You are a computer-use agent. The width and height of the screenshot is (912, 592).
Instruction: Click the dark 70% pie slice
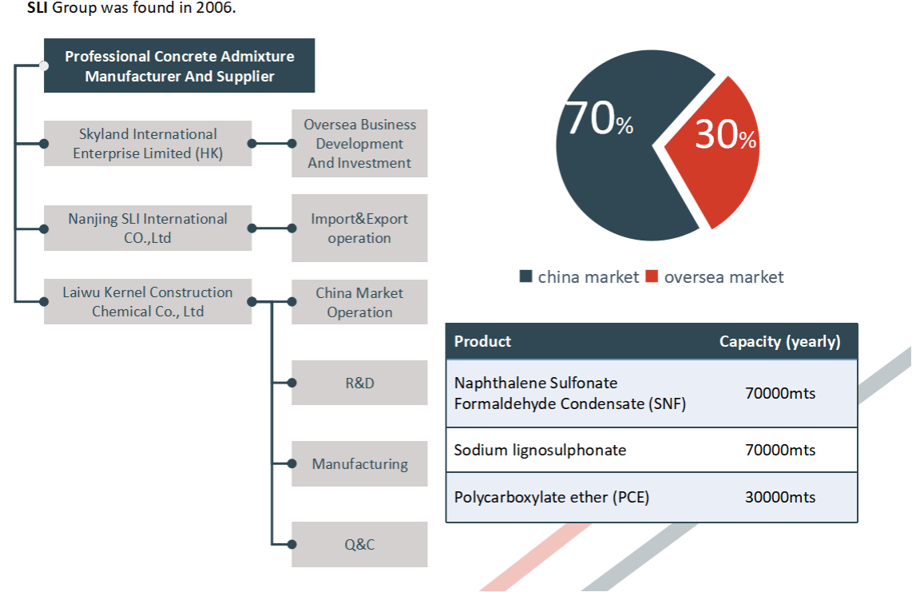617,169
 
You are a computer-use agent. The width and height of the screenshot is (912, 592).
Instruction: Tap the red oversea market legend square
652,276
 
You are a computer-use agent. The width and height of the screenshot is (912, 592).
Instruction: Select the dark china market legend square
525,276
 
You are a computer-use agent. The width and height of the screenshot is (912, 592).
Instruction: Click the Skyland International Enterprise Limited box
148,143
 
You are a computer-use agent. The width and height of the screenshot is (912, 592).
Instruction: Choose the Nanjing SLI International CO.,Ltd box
148,228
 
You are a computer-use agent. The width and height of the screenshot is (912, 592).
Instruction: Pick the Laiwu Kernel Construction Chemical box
148,301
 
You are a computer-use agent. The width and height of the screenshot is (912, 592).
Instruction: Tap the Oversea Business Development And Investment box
359,143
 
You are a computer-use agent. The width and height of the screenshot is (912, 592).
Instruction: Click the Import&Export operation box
359,228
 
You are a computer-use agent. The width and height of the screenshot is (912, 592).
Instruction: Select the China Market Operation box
359,302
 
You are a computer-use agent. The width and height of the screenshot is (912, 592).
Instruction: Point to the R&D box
359,383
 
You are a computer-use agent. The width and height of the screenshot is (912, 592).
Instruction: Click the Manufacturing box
359,463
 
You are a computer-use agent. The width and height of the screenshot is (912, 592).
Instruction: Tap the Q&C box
359,544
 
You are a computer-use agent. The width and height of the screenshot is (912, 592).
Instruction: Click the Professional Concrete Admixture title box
179,66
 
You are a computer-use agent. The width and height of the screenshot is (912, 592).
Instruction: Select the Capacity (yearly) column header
780,342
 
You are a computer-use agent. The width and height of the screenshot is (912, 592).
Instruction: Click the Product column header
482,341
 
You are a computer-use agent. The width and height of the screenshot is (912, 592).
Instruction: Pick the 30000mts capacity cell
780,497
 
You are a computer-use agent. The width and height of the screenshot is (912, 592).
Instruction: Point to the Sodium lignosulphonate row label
540,450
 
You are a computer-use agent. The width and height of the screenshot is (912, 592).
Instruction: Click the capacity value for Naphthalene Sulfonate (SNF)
780,394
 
